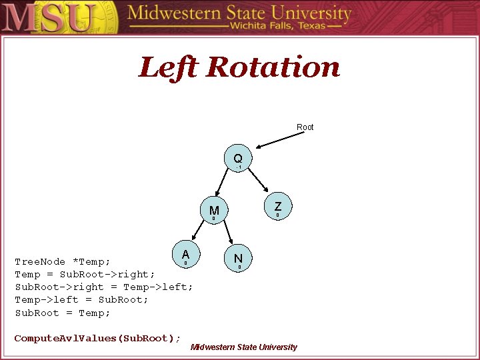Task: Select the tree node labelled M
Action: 214,211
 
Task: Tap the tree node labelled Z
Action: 278,207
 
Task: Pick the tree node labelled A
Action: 185,255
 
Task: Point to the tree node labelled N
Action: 238,258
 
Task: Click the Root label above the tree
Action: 305,127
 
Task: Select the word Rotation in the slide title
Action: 273,67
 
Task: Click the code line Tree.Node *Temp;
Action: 63,261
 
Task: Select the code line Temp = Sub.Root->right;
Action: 85,274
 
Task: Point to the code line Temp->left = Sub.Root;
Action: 81,299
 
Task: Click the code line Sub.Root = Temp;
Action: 63,312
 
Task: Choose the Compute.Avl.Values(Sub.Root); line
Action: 97,338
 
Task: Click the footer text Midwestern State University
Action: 244,347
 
